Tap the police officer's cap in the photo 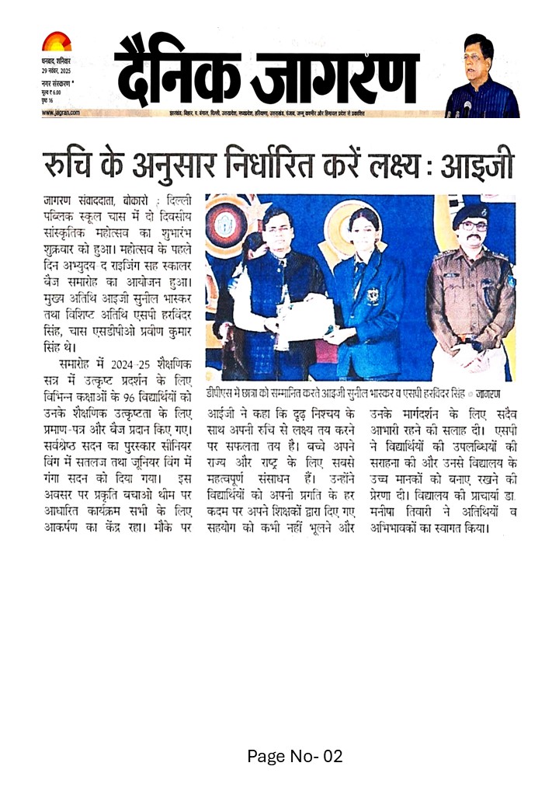pyautogui.click(x=470, y=211)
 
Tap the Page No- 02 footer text pyautogui.click(x=294, y=755)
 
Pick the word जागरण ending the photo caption pyautogui.click(x=489, y=393)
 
